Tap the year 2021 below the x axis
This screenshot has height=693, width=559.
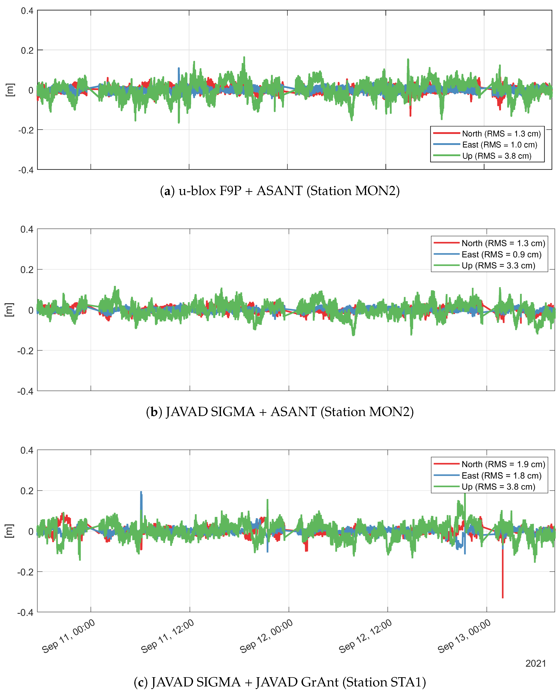[x=536, y=664]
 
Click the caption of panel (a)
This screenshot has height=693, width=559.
[x=279, y=191]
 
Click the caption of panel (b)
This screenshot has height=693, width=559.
[x=279, y=412]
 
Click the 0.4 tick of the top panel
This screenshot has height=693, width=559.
[x=27, y=11]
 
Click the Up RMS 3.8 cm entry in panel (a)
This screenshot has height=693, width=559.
[x=497, y=156]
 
